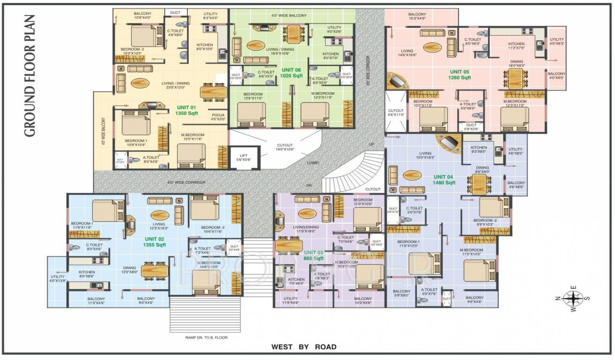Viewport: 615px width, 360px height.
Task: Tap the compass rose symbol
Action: coord(572,298)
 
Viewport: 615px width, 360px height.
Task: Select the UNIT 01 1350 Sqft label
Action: coord(186,110)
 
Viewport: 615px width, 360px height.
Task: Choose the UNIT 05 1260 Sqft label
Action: coord(460,75)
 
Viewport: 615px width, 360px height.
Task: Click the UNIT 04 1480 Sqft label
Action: coord(444,180)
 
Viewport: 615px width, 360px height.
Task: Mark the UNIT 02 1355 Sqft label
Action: coord(155,242)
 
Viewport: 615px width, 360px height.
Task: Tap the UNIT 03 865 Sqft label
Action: coord(312,255)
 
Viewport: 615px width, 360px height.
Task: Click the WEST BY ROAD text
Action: coord(304,347)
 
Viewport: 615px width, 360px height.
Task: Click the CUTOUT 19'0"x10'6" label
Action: coord(284,148)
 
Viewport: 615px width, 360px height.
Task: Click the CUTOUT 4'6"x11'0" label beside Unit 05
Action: coord(396,112)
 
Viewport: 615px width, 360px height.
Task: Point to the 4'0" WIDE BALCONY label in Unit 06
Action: coord(289,15)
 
